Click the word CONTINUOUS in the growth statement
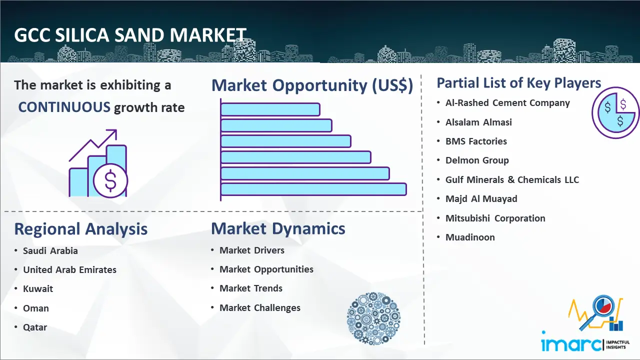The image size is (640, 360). [x=64, y=107]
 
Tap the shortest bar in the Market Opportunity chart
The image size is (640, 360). [x=270, y=109]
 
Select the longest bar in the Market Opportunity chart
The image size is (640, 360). [x=313, y=189]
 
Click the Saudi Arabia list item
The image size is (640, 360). [x=50, y=250]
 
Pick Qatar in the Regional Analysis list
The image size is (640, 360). [x=35, y=327]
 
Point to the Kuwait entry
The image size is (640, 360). [x=38, y=288]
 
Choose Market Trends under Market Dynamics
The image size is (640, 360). [x=251, y=288]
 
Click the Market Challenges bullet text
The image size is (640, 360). [x=260, y=307]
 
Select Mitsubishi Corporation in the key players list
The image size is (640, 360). [x=495, y=218]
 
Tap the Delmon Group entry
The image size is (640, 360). [x=477, y=160]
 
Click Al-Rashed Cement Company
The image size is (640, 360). [x=507, y=103]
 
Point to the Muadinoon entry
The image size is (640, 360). [x=470, y=237]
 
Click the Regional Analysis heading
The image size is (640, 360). [x=81, y=229]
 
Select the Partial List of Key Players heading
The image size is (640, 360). [x=519, y=83]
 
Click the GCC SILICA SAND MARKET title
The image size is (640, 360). [x=130, y=35]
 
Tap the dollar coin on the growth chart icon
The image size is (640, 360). [x=110, y=181]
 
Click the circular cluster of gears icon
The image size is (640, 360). [x=373, y=318]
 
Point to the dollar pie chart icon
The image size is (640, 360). [x=615, y=113]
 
